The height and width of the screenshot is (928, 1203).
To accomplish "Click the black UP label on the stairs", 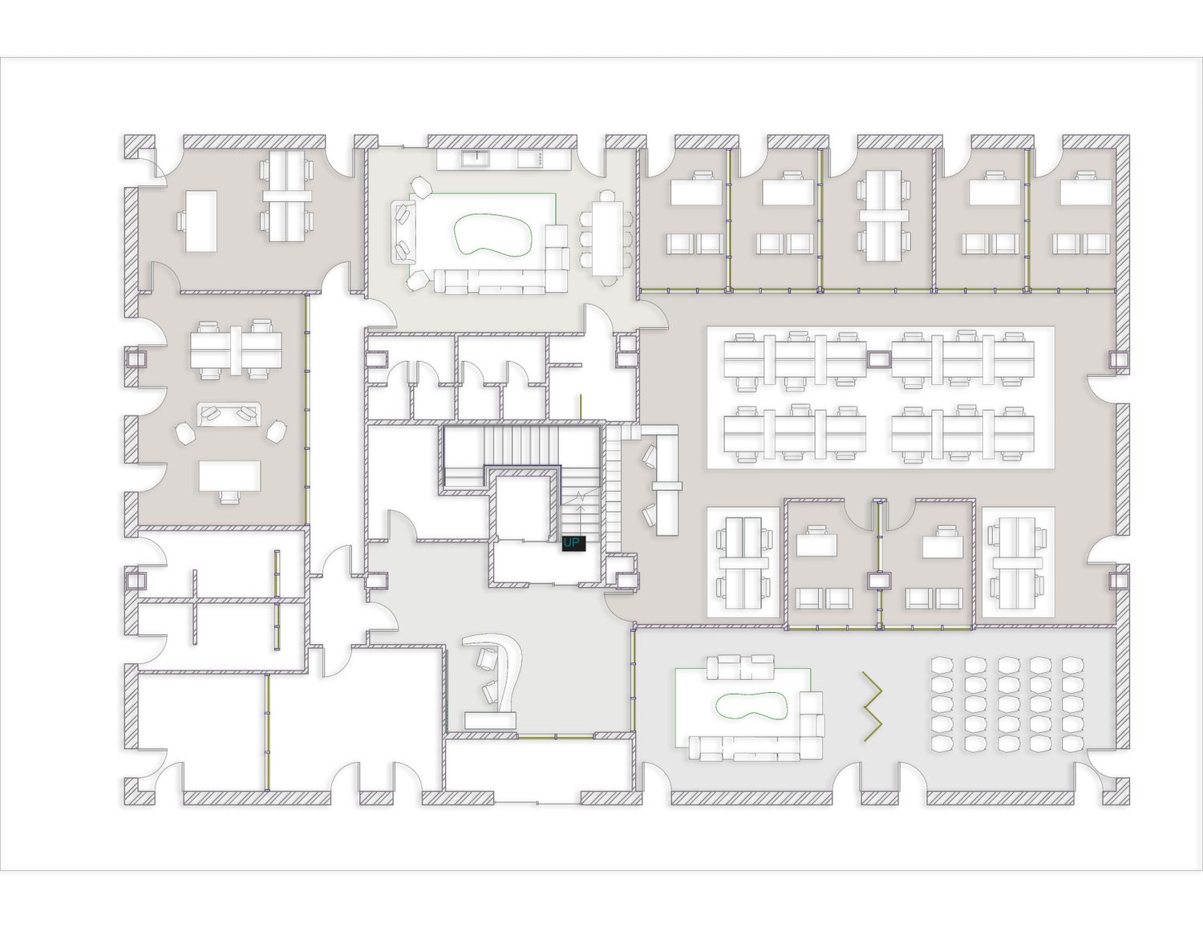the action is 573,543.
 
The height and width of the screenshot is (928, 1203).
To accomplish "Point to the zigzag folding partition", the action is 872,707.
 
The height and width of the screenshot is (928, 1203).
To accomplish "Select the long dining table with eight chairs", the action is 607,238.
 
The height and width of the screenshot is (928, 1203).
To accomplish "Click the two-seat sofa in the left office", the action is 229,414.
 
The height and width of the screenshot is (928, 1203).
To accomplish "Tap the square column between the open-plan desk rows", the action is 878,360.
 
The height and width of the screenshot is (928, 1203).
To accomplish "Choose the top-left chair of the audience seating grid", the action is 941,664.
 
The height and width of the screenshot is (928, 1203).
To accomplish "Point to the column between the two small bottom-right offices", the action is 878,581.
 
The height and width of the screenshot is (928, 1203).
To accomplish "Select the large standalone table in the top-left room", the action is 200,221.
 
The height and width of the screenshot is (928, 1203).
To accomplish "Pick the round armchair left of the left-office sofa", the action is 186,432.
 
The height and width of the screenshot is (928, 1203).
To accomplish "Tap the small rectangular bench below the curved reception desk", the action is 491,720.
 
